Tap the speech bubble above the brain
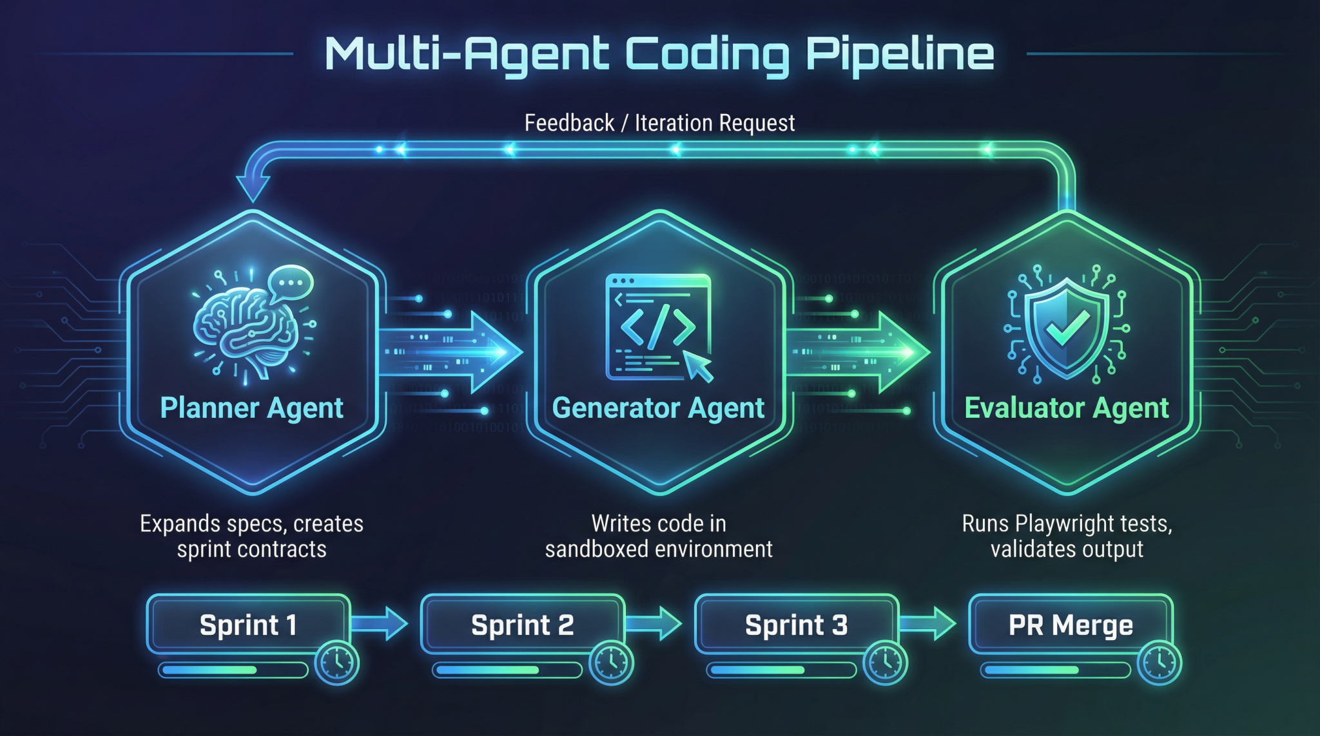[x=291, y=283]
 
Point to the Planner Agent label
[x=251, y=408]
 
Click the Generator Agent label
[x=658, y=408]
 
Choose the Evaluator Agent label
[x=1066, y=408]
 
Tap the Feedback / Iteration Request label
[x=659, y=122]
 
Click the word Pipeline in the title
[x=900, y=54]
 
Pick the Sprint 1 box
[x=248, y=625]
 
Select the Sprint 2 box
[x=522, y=625]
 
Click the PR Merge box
[x=1070, y=625]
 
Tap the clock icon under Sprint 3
[x=886, y=662]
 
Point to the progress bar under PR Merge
[x=1055, y=670]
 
